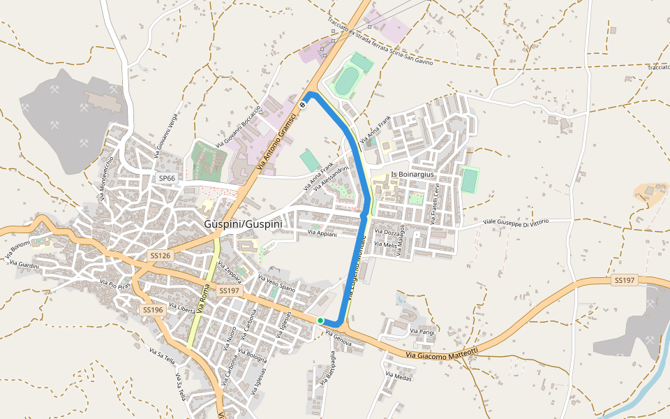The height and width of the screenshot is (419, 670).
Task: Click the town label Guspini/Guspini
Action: tap(243, 224)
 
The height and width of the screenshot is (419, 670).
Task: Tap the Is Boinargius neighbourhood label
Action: tap(412, 174)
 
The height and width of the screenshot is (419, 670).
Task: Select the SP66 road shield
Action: tap(167, 179)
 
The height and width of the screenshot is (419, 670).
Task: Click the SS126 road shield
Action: tap(160, 257)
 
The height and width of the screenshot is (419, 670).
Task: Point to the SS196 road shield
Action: tap(152, 309)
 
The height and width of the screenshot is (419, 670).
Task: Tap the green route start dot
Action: tap(320, 321)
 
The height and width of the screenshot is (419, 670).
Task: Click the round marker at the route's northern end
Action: tap(303, 105)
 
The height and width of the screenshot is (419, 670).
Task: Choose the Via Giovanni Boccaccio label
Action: tap(239, 126)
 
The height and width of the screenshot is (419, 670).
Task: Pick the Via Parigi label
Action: tap(422, 332)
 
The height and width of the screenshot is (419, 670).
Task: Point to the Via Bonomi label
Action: tap(17, 249)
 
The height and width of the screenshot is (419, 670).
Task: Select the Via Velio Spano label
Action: tap(277, 284)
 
